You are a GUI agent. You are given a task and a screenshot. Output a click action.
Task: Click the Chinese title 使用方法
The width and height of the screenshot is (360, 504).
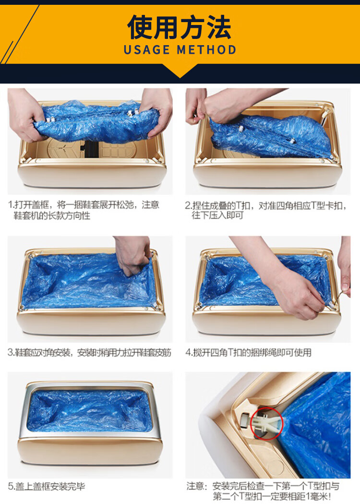click(179, 27)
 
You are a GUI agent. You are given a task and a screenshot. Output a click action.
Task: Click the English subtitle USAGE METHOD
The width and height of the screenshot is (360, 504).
click(180, 50)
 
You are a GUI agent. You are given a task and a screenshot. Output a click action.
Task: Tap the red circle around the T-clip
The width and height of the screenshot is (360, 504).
click(266, 423)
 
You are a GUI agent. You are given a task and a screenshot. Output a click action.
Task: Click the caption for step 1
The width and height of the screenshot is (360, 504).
click(84, 210)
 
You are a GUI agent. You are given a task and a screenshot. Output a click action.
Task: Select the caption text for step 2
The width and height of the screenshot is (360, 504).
click(265, 210)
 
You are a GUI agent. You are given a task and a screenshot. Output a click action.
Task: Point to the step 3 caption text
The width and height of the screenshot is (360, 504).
click(89, 353)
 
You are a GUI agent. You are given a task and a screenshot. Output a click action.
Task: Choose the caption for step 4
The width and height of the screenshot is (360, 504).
click(248, 353)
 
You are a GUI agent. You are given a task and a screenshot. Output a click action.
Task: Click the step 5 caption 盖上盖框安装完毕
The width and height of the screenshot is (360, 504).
click(46, 486)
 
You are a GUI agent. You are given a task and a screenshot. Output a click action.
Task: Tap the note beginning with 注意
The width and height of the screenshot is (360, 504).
click(263, 491)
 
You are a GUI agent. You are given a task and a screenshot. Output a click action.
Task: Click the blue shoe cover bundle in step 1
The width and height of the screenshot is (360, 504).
click(96, 121)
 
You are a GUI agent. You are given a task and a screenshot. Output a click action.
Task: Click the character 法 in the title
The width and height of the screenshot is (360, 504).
click(219, 27)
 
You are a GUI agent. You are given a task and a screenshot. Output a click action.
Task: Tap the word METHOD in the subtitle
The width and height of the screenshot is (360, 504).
click(206, 50)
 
